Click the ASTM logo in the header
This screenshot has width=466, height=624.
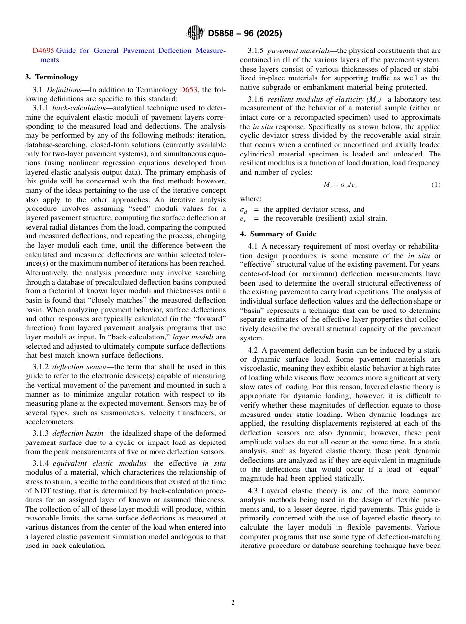point(195,33)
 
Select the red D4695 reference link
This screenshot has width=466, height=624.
point(43,51)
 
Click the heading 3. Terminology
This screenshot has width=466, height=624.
point(52,77)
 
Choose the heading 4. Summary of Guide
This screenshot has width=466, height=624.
point(278,234)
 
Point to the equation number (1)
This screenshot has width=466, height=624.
point(436,185)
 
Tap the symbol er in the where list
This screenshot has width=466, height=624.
point(243,219)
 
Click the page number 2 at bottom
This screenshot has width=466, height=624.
point(233,603)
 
